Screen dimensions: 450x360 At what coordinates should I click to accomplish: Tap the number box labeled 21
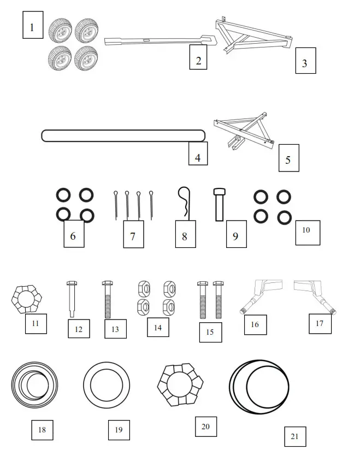[x=295, y=436]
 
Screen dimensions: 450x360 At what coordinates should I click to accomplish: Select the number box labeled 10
[x=306, y=232]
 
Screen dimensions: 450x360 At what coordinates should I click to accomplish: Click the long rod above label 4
[x=123, y=135]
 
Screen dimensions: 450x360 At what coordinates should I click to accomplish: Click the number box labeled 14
[x=158, y=327]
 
